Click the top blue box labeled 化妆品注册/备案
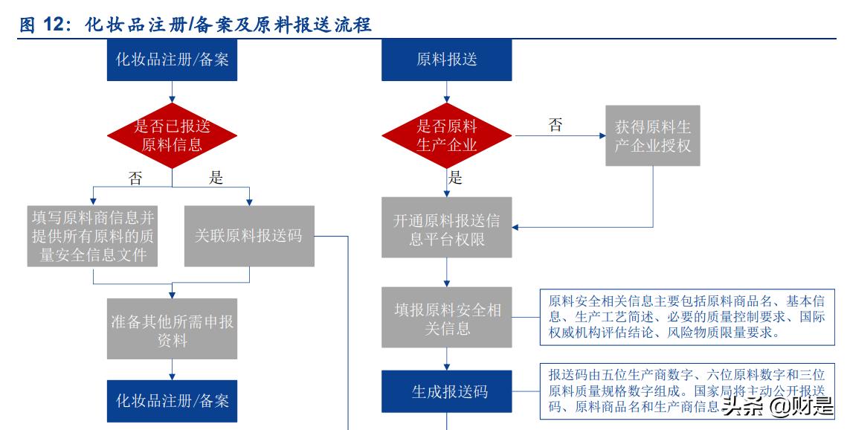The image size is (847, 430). point(173,60)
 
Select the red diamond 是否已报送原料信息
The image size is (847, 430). point(173,135)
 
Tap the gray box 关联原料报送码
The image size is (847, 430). point(248,236)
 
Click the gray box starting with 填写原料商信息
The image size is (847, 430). point(93,236)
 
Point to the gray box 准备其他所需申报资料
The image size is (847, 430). point(173,331)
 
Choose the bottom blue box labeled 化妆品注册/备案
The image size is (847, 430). point(173,401)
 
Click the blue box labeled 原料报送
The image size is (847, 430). point(446,60)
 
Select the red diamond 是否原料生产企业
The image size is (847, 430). point(446,135)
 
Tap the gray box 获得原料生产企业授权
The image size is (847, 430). point(652,135)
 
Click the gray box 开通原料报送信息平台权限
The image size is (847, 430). point(446,230)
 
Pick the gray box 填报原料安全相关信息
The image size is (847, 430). point(446,318)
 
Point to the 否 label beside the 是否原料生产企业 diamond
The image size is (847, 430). point(555,125)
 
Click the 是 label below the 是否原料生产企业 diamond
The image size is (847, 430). point(455,178)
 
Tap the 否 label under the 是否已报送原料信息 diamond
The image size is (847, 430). point(135,178)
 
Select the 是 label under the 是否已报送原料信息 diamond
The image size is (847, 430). point(216,178)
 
